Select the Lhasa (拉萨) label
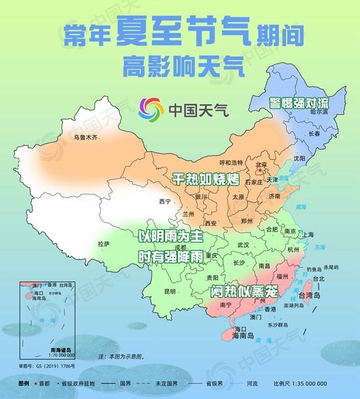[103, 244]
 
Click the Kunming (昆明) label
[170, 290]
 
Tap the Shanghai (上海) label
[308, 234]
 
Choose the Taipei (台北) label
[318, 279]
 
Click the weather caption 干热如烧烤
[204, 178]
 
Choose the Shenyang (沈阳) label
[300, 158]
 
